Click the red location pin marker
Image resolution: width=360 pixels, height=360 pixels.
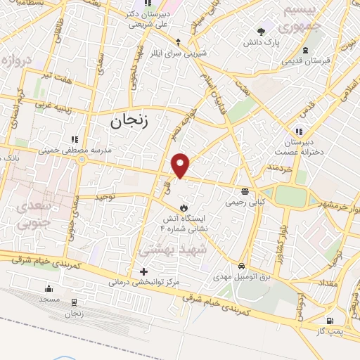pos(181,165)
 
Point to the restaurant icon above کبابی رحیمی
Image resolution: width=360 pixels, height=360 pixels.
pos(245,191)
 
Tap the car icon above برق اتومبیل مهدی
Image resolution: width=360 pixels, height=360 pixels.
pos(242,266)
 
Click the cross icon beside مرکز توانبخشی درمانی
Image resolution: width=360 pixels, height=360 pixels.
pos(143,271)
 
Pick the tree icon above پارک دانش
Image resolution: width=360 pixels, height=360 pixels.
pos(262,31)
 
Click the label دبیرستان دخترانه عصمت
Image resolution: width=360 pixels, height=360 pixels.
pos(302,147)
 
